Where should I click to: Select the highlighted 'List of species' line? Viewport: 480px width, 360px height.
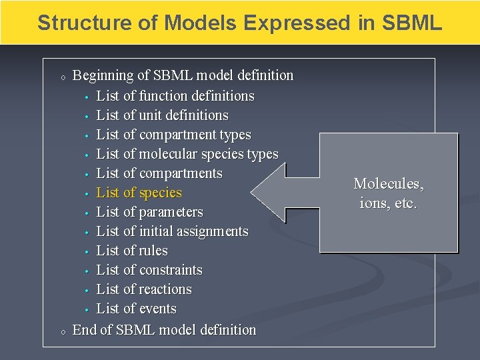click(x=139, y=193)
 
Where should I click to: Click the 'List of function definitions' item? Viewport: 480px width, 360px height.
click(x=175, y=96)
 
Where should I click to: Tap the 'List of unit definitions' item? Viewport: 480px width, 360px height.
click(x=162, y=115)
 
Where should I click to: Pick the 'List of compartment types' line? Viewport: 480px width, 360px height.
click(x=173, y=135)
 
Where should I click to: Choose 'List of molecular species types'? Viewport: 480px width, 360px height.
click(x=187, y=154)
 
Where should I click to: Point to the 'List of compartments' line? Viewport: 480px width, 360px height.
click(x=159, y=173)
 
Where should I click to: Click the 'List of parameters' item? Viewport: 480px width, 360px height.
click(x=149, y=212)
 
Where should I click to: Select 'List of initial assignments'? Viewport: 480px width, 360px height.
click(x=172, y=231)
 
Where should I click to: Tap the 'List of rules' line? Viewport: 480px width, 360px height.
click(x=132, y=251)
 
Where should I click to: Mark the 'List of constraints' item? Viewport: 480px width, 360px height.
click(x=149, y=270)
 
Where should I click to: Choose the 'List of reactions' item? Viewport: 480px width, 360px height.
click(x=144, y=289)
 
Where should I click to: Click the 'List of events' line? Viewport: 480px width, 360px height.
click(x=137, y=309)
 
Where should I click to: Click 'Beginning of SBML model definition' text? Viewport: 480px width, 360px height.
click(x=183, y=75)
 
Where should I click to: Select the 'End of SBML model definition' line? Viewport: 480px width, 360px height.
click(x=164, y=329)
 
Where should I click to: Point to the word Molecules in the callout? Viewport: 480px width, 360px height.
click(x=388, y=183)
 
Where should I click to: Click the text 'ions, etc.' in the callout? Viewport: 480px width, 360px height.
click(x=388, y=203)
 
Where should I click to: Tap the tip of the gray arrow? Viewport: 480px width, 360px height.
click(x=253, y=193)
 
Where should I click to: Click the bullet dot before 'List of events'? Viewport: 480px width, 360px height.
click(x=87, y=309)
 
